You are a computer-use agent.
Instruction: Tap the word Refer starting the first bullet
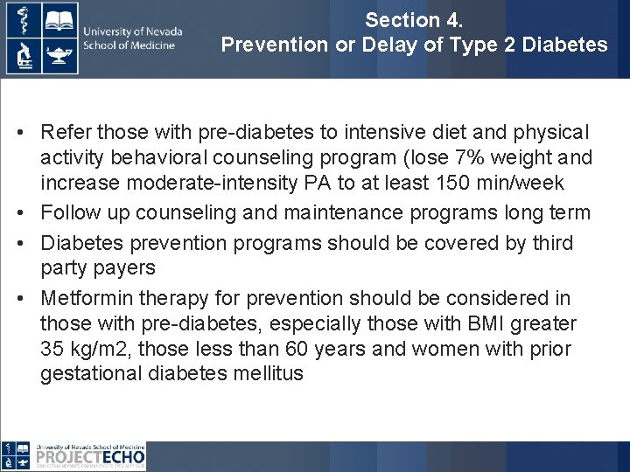(66, 132)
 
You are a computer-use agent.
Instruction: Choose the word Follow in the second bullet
(69, 212)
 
